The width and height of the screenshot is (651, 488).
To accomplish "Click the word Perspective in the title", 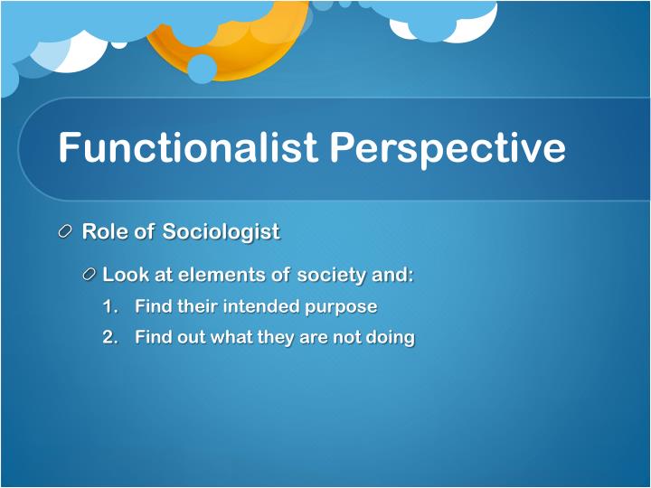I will pos(448,147).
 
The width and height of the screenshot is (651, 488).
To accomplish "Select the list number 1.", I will pos(109,307).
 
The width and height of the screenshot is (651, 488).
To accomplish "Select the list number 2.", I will pos(109,338).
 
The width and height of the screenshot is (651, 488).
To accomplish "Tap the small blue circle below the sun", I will pos(202,69).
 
